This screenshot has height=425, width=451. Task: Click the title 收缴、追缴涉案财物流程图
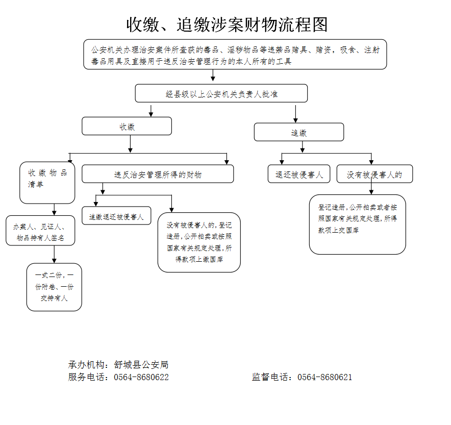pyautogui.click(x=227, y=24)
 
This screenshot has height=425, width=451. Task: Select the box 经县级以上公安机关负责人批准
pyautogui.click(x=221, y=94)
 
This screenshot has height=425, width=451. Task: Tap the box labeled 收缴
pyautogui.click(x=127, y=127)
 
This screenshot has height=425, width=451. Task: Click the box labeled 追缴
pyautogui.click(x=298, y=133)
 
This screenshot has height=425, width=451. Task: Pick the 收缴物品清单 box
pyautogui.click(x=47, y=182)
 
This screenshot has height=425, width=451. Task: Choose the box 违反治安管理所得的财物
pyautogui.click(x=158, y=174)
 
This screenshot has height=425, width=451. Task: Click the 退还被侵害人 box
pyautogui.click(x=299, y=174)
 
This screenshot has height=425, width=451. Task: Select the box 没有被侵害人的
pyautogui.click(x=374, y=174)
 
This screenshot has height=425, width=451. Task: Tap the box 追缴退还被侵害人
pyautogui.click(x=116, y=216)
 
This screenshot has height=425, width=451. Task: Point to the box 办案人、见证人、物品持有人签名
pyautogui.click(x=41, y=231)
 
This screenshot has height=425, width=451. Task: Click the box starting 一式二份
pyautogui.click(x=54, y=287)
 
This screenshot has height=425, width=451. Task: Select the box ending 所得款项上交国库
pyautogui.click(x=357, y=224)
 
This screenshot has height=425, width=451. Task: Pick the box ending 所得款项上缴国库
pyautogui.click(x=199, y=242)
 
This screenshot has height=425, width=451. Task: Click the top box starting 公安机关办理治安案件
pyautogui.click(x=235, y=55)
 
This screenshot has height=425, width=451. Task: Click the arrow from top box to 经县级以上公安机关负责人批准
pyautogui.click(x=213, y=76)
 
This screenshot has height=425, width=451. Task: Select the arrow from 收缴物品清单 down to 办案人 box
pyautogui.click(x=54, y=210)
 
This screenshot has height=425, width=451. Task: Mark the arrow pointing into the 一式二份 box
pyautogui.click(x=54, y=255)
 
